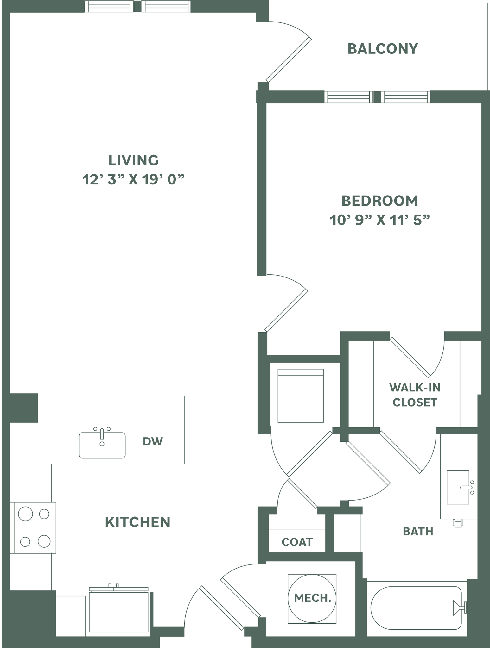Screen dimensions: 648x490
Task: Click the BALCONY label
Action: pyautogui.click(x=383, y=49)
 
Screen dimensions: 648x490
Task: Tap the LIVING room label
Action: pyautogui.click(x=133, y=160)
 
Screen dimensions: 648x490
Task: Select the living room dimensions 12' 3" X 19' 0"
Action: pyautogui.click(x=133, y=180)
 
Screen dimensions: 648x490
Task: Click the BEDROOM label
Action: pyautogui.click(x=380, y=201)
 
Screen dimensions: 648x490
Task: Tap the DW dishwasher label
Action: pyautogui.click(x=153, y=441)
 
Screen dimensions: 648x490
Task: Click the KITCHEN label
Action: pyautogui.click(x=137, y=522)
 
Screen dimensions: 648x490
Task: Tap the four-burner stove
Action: pyautogui.click(x=33, y=528)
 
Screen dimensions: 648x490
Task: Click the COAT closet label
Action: pyautogui.click(x=297, y=542)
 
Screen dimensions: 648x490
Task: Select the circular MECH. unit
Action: pyautogui.click(x=312, y=599)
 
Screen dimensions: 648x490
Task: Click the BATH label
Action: pyautogui.click(x=418, y=532)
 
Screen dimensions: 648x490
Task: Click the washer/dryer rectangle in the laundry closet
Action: pyautogui.click(x=301, y=396)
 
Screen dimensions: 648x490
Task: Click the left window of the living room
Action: pyautogui.click(x=109, y=7)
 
